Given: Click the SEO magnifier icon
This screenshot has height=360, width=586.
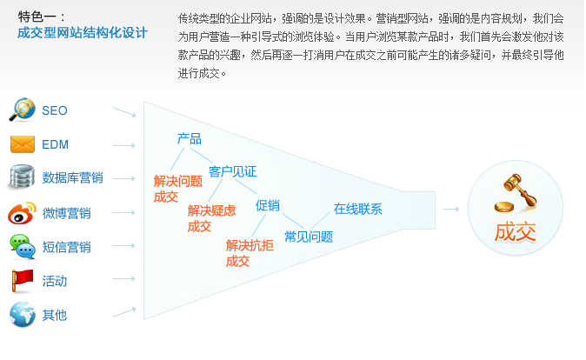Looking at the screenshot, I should [22, 110].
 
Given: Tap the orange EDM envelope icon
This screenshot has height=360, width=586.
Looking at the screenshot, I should [22, 144].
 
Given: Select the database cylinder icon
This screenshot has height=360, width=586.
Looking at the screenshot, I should [22, 177].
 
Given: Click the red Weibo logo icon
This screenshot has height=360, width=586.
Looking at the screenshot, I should [22, 212].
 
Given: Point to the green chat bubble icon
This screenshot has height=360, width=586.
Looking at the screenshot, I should [22, 246].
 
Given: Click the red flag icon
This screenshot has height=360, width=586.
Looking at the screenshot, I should [22, 280].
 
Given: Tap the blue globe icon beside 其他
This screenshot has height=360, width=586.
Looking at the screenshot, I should [22, 314].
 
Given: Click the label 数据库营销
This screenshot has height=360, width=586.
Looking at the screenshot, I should [72, 178].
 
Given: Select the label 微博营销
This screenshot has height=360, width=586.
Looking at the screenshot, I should [66, 213].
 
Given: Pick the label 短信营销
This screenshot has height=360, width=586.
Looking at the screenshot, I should [66, 247].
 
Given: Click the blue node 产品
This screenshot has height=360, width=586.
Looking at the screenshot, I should [189, 139].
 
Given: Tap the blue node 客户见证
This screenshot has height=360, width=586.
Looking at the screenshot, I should [232, 171].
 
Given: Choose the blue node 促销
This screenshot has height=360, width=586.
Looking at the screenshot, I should [267, 205].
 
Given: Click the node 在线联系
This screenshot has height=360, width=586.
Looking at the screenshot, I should [357, 209].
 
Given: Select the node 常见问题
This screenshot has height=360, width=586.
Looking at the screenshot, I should [308, 237].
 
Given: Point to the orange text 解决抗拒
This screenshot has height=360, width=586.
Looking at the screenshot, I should [250, 245].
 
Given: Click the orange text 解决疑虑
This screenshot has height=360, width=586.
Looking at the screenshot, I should [211, 210].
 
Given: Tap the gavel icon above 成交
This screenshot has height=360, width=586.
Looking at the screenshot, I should [512, 192].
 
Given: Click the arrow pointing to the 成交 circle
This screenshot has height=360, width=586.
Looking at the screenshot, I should [450, 209].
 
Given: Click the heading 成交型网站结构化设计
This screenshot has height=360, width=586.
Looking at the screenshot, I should [83, 33].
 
